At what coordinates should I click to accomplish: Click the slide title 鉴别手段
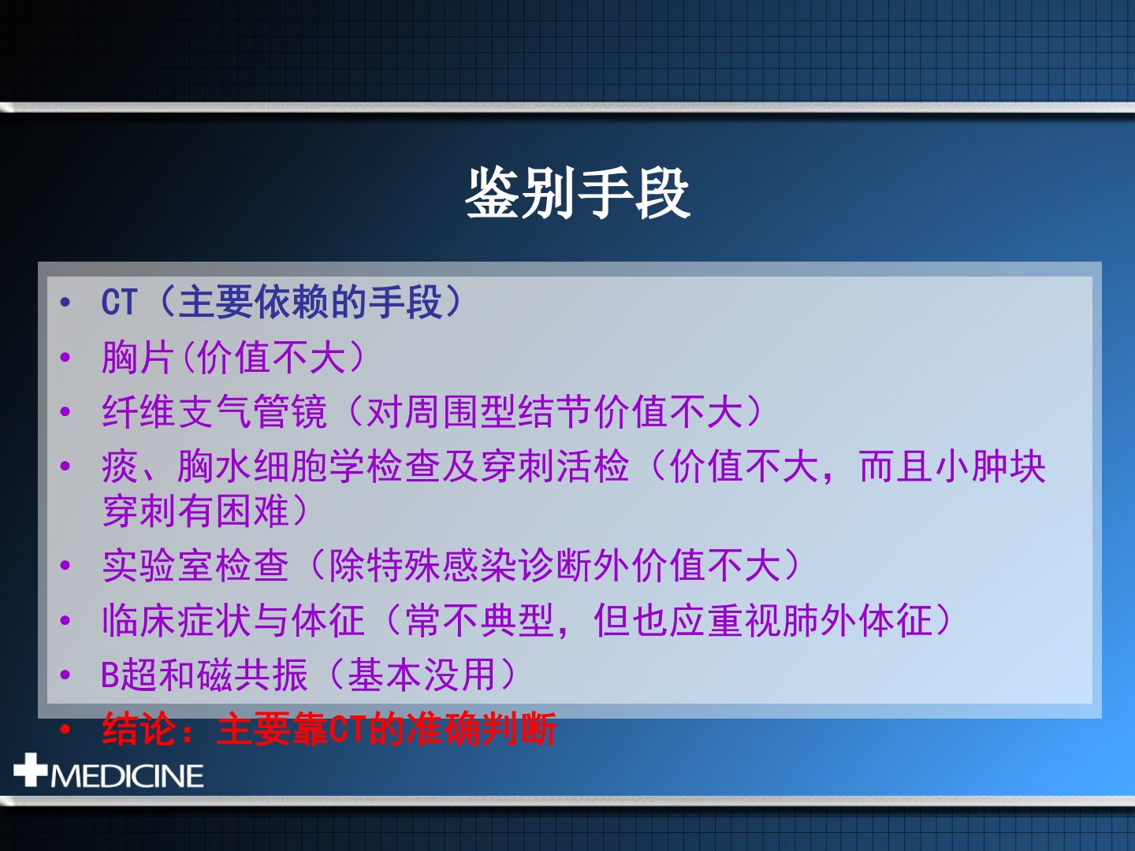point(578,193)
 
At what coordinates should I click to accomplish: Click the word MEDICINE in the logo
point(127,775)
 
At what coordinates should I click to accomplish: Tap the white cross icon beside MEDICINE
point(30,769)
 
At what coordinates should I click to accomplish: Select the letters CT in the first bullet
point(120,302)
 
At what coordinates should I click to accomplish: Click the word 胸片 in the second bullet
point(138,357)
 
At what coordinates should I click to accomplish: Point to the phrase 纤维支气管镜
point(214,412)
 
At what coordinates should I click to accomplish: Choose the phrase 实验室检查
point(195,566)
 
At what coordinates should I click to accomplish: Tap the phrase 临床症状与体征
point(233,621)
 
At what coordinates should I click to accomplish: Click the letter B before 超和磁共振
point(110,675)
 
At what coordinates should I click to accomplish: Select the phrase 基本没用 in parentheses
point(422,675)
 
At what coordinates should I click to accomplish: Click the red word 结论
point(140,729)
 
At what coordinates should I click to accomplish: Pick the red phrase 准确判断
point(482,729)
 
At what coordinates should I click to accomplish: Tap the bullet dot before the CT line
point(65,303)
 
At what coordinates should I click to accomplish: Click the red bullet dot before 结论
point(65,730)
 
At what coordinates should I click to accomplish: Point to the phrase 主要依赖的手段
point(310,302)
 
